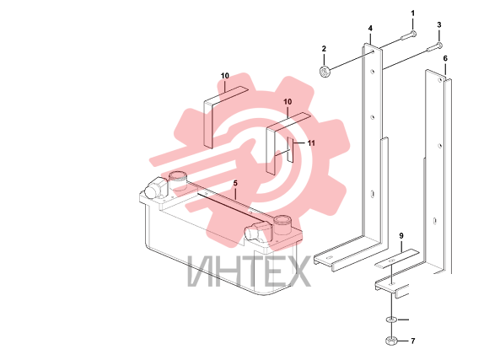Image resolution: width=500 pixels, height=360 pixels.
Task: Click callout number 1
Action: [x=412, y=13]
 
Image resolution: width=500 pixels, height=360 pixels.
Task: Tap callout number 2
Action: [x=324, y=49]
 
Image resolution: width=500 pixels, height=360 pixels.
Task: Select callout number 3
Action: [x=439, y=25]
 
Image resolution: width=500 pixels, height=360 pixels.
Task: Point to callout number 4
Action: [x=370, y=29]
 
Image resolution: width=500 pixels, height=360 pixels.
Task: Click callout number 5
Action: [x=235, y=183]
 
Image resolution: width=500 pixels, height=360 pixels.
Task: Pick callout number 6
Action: [x=445, y=58]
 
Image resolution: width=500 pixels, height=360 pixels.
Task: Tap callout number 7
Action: [x=413, y=341]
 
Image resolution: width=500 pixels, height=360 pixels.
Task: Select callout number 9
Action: [x=401, y=236]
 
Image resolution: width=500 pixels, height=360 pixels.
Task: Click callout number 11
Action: [x=311, y=143]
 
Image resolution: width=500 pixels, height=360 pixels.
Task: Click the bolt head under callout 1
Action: [x=413, y=34]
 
